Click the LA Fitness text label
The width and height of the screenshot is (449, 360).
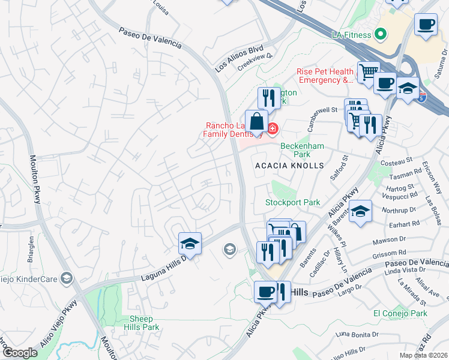pos(352,35)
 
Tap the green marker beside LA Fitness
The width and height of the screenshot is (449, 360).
pos(379,34)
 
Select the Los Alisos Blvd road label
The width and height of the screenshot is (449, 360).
pos(240,58)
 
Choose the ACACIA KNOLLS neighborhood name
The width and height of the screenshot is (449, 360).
pos(289,165)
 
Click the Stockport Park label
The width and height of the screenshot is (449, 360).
pos(293,203)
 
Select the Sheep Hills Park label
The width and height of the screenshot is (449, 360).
pos(142,323)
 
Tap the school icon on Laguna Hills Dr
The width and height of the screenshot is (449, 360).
pos(190,244)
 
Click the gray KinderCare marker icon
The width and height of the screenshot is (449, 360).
pos(67,278)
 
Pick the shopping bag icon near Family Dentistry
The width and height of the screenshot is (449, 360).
pos(256,121)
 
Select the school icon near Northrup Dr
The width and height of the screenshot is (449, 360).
pos(360,211)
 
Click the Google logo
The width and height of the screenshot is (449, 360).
pos(20,353)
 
